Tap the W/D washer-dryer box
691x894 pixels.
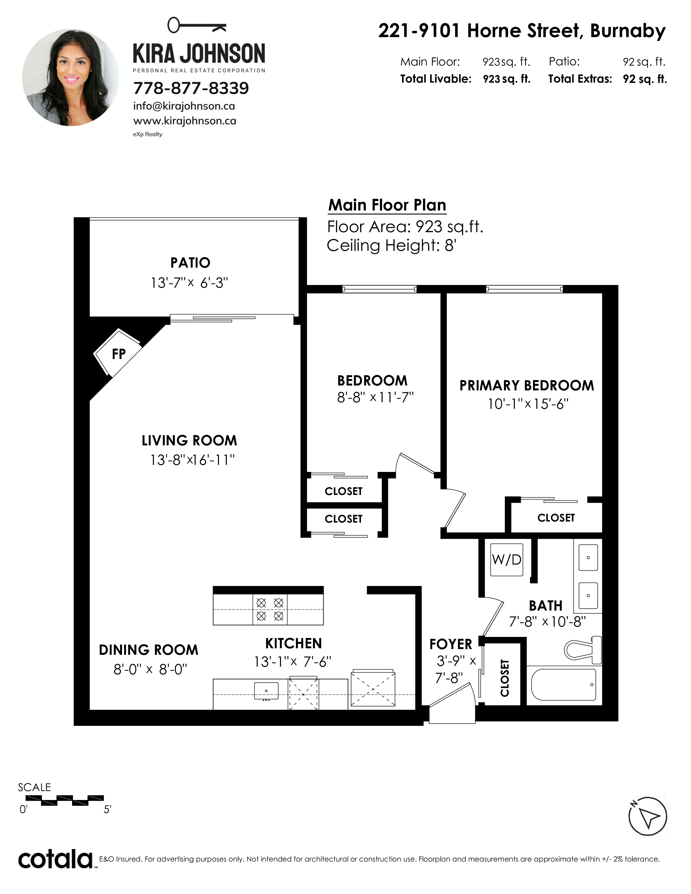[x=507, y=560]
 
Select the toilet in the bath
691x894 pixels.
[x=583, y=650]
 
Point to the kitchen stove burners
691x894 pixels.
[x=270, y=609]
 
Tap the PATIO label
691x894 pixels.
[x=190, y=263]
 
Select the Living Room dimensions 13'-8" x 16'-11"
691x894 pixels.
[x=192, y=460]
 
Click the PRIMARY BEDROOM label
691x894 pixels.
[x=527, y=386]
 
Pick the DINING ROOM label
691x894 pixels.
[x=148, y=650]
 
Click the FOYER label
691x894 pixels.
[x=451, y=644]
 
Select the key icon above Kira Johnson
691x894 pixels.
[x=197, y=25]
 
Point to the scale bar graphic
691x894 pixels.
[x=65, y=800]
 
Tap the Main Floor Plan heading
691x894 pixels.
[x=387, y=205]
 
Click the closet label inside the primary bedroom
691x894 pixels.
[x=556, y=518]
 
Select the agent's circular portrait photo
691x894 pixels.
[x=70, y=77]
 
